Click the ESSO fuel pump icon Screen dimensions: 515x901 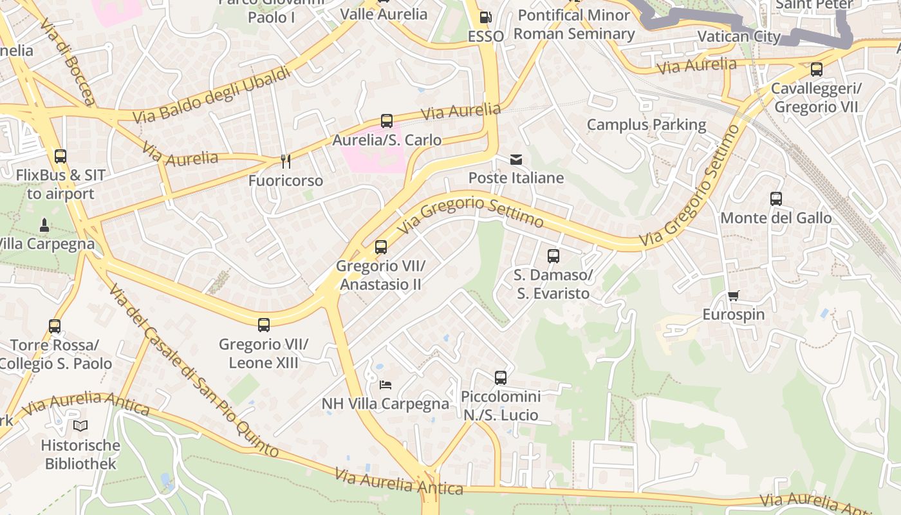(486, 17)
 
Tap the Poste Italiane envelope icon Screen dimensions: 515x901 (516, 159)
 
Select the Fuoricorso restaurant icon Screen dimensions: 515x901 (286, 162)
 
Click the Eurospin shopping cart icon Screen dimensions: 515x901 (733, 295)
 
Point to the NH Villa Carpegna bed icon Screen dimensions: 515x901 (385, 385)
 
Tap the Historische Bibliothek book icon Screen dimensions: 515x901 (80, 426)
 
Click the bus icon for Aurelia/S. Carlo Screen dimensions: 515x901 (387, 120)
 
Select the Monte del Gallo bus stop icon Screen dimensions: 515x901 (776, 198)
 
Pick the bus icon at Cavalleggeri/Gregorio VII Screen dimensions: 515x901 (817, 69)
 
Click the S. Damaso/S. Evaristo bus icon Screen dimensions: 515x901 (553, 256)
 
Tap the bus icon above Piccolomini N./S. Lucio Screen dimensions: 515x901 (501, 377)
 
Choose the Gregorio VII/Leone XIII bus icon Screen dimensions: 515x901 (264, 324)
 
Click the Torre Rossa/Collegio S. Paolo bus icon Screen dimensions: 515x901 (55, 326)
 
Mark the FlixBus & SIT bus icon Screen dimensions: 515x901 (60, 156)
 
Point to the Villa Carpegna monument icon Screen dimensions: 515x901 (44, 225)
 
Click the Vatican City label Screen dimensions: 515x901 (739, 36)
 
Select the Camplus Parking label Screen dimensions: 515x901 (646, 124)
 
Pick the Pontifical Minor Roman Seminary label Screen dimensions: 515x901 (574, 24)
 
